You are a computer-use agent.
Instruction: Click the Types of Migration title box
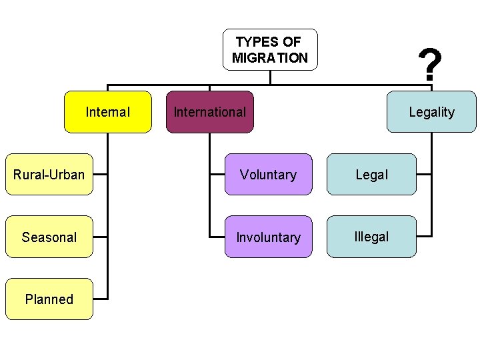(270, 49)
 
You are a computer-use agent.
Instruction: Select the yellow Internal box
(108, 112)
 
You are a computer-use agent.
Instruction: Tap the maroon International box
(209, 112)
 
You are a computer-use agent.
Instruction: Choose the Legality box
(432, 112)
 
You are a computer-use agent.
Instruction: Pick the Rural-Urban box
(49, 175)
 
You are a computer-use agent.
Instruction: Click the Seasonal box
(49, 237)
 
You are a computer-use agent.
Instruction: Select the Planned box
(49, 299)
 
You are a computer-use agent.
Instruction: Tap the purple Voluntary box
(268, 175)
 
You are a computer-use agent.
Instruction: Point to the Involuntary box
(268, 237)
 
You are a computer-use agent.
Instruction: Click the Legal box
(371, 175)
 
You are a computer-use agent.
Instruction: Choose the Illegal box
(371, 237)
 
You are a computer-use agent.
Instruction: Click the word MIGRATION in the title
(270, 57)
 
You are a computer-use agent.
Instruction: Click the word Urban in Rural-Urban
(69, 175)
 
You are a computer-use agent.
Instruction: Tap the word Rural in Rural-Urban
(29, 175)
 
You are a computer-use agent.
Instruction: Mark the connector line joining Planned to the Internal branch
(100, 299)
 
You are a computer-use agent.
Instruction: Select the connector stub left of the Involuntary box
(217, 237)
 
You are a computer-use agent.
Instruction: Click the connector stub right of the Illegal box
(424, 237)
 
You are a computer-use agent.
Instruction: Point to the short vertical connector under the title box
(270, 77)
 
